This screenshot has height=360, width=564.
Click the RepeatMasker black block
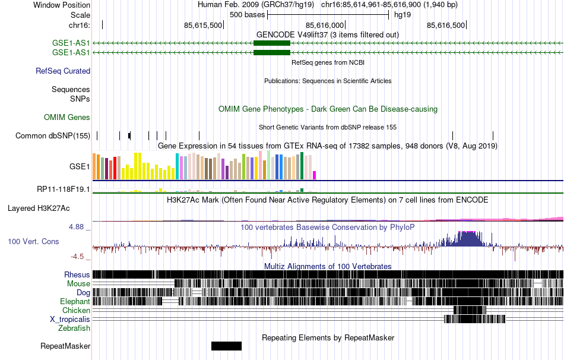point(226,346)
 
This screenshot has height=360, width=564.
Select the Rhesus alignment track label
point(77,275)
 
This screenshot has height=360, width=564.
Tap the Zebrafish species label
point(74,328)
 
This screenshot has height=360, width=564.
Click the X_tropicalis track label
point(70,319)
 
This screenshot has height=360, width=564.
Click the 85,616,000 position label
point(325,25)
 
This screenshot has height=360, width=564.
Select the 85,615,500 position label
point(204,25)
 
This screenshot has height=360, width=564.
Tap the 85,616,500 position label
point(446,25)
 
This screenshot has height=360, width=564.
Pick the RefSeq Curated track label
point(63,71)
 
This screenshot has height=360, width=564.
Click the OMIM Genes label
point(67,118)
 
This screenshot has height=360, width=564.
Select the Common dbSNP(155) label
point(53,136)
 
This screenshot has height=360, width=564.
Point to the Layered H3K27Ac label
point(39,209)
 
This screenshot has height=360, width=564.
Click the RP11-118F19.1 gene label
point(64,190)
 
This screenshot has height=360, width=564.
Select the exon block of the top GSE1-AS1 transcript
point(271,43)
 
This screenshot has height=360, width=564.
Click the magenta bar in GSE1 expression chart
point(314,175)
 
